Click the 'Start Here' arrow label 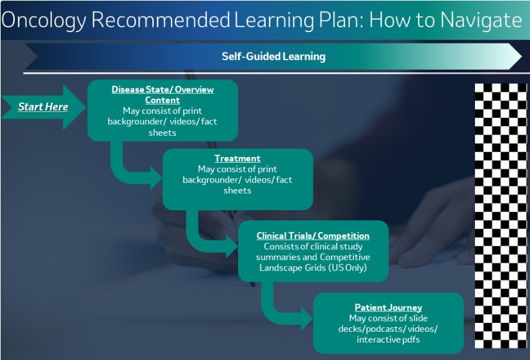click(43, 107)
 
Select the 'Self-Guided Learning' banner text click(273, 56)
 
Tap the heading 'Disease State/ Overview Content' click(163, 95)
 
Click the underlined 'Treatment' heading click(237, 158)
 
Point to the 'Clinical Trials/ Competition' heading click(313, 236)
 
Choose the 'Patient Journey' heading click(389, 307)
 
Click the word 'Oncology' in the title click(44, 20)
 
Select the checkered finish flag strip click(501, 215)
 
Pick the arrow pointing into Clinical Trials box click(198, 241)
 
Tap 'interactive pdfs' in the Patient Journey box click(389, 340)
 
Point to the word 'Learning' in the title click(274, 20)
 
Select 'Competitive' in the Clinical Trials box click(345, 257)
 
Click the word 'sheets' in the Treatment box click(237, 190)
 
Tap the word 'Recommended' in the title click(161, 20)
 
